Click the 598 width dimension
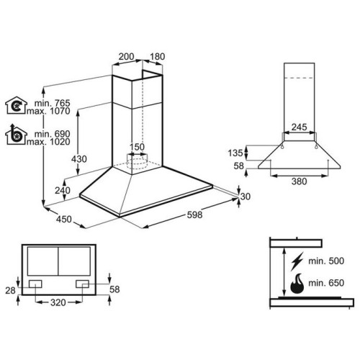[x=194, y=215]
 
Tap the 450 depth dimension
[x=64, y=219]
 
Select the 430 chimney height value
[x=79, y=159]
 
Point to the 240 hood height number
[x=63, y=190]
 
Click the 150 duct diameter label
[x=137, y=147]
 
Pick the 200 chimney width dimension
[x=126, y=57]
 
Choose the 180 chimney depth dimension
[x=158, y=57]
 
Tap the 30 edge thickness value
[x=246, y=197]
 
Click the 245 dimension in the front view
[x=299, y=127]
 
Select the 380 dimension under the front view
[x=300, y=181]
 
